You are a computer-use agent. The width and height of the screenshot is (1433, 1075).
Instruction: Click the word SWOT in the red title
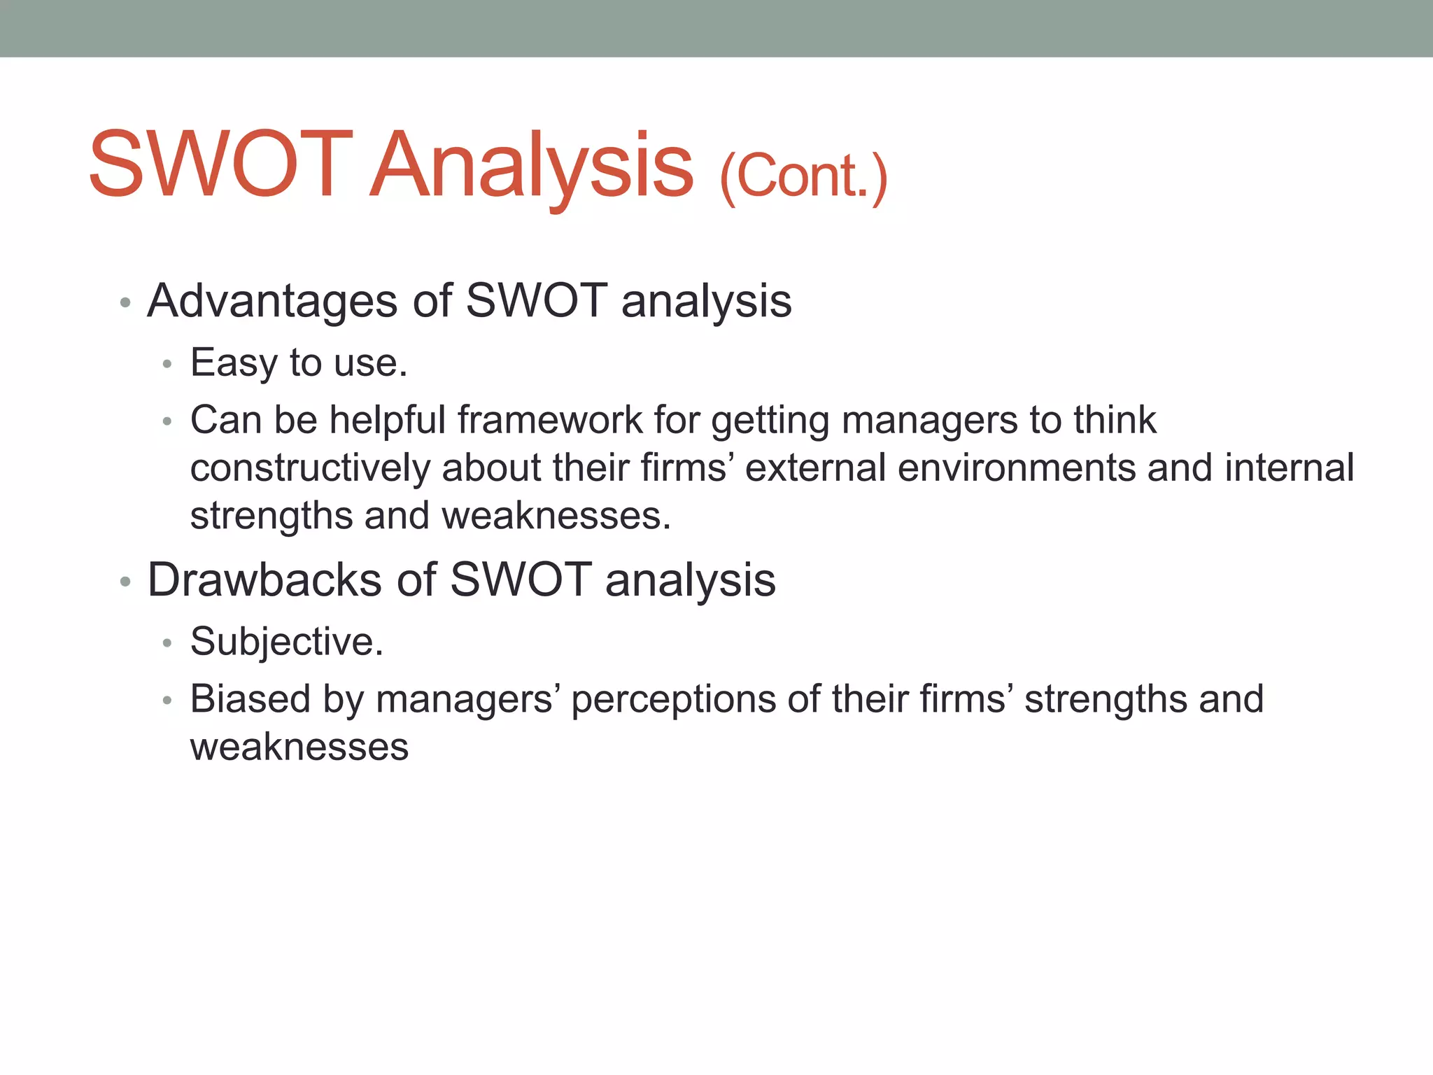pos(220,165)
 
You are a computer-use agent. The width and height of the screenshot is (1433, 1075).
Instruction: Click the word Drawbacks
pos(264,580)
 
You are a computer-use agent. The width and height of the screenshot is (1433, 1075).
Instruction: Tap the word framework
pos(549,421)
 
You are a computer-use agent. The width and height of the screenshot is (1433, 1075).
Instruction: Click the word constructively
pos(310,468)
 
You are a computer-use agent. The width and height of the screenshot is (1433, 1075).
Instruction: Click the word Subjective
pos(286,642)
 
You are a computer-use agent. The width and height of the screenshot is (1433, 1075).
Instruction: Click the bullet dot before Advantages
pos(125,303)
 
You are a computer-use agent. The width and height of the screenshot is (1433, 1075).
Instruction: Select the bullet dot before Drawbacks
pos(125,582)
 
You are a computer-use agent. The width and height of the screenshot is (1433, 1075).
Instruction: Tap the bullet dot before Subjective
pos(167,642)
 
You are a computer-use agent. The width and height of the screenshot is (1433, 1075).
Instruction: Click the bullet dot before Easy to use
pos(167,364)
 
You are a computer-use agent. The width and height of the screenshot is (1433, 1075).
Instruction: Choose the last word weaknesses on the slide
pos(299,747)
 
